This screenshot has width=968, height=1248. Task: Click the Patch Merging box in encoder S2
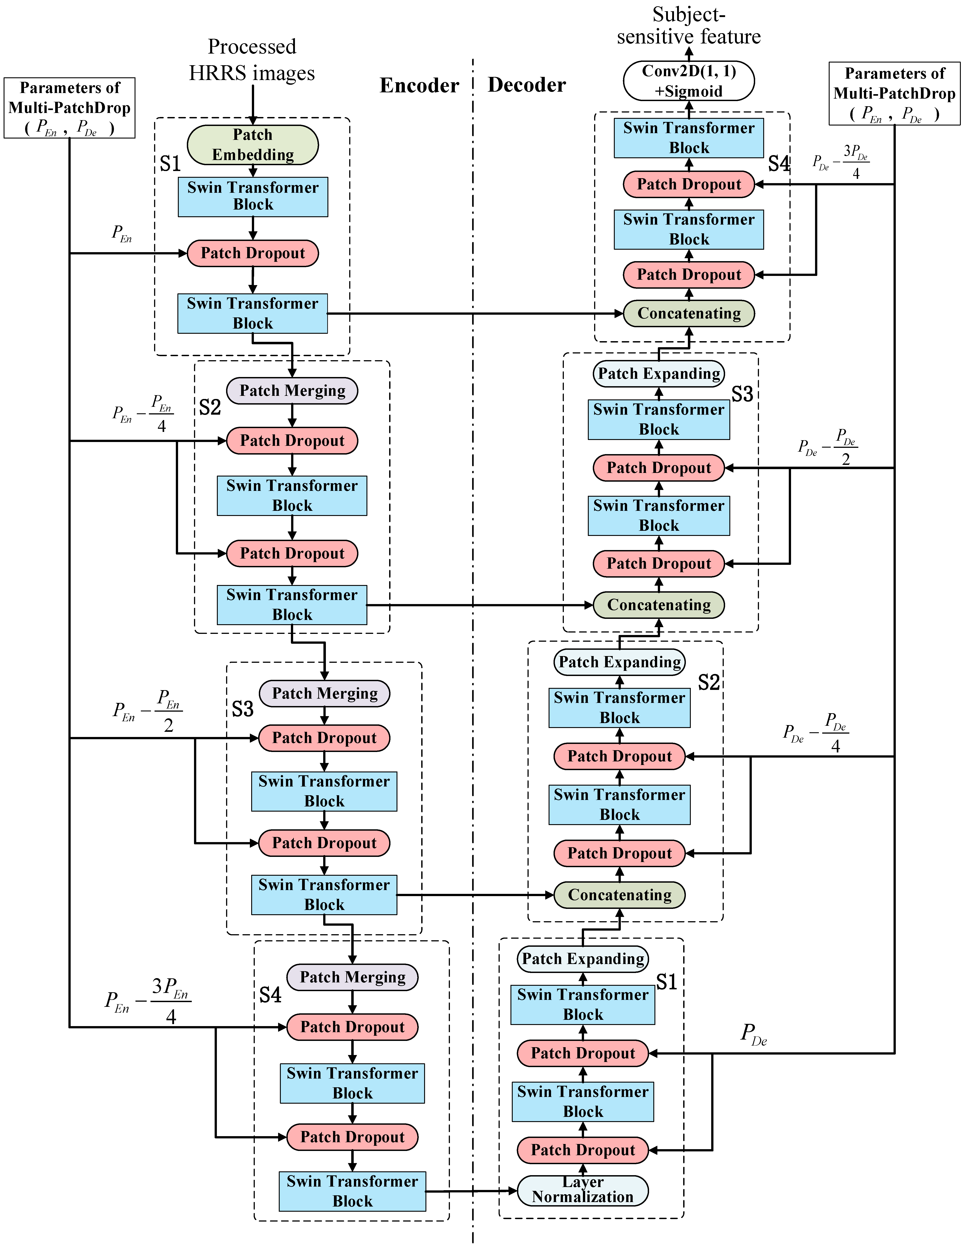[292, 391]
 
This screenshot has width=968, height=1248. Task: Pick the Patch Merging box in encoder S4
[352, 977]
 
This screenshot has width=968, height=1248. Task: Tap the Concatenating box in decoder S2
[619, 895]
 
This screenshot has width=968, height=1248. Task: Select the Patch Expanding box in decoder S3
[659, 374]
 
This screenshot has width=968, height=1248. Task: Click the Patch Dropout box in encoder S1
[253, 253]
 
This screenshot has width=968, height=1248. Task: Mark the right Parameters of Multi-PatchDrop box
[894, 94]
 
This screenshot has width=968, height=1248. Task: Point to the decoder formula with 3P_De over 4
[841, 162]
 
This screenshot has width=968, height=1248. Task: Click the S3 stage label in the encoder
[242, 709]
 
